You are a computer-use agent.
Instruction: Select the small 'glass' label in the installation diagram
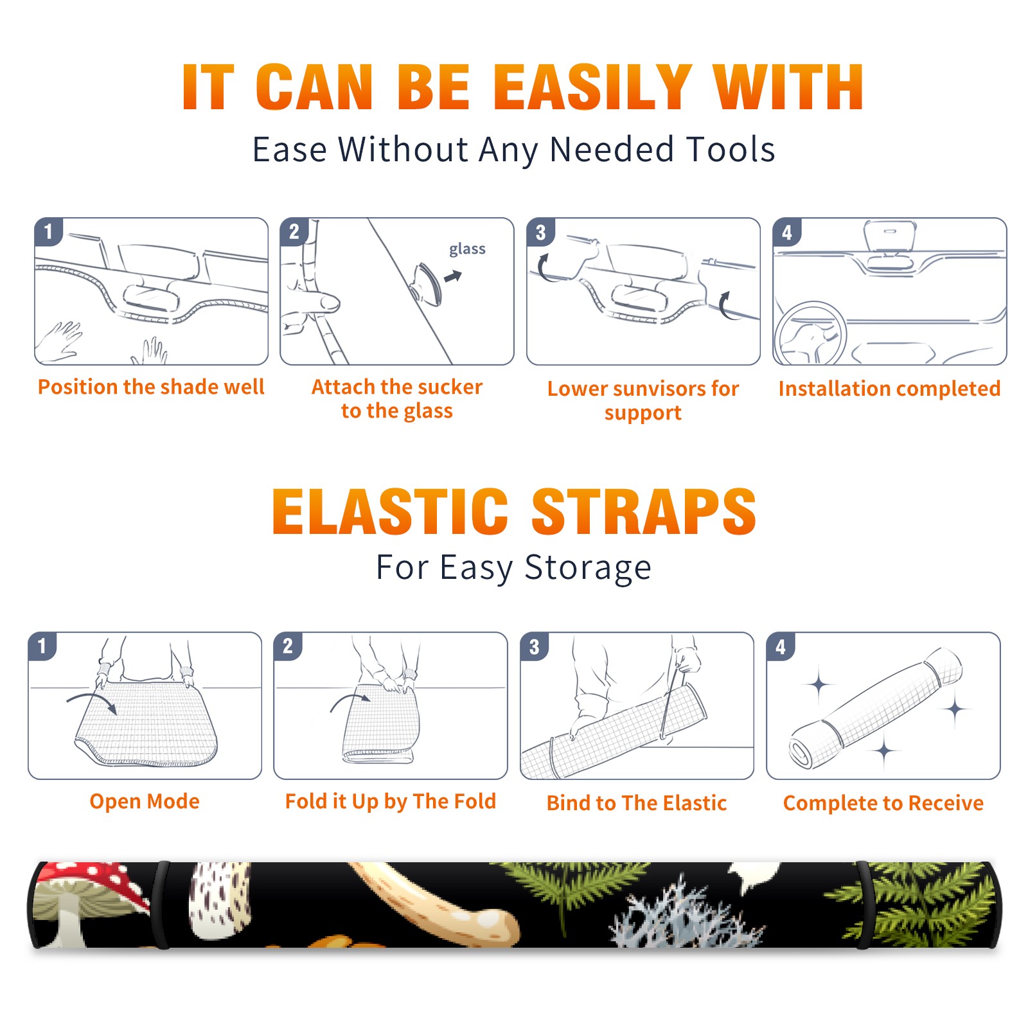pyautogui.click(x=467, y=249)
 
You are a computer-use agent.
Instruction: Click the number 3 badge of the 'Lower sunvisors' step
pyautogui.click(x=540, y=232)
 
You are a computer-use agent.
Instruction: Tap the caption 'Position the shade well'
pyautogui.click(x=151, y=387)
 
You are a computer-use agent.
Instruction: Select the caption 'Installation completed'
pyautogui.click(x=889, y=388)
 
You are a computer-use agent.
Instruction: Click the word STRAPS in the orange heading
pyautogui.click(x=644, y=511)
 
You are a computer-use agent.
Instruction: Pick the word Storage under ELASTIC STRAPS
pyautogui.click(x=588, y=568)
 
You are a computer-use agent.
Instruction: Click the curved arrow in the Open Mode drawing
pyautogui.click(x=92, y=701)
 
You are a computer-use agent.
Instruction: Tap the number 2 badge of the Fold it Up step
pyautogui.click(x=288, y=646)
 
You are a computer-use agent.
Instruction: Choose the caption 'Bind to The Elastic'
pyautogui.click(x=637, y=802)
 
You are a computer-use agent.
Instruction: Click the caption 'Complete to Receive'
pyautogui.click(x=883, y=802)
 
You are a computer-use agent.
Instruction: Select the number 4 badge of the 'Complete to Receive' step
pyautogui.click(x=781, y=646)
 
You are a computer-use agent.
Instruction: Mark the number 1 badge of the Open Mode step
pyautogui.click(x=42, y=646)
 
